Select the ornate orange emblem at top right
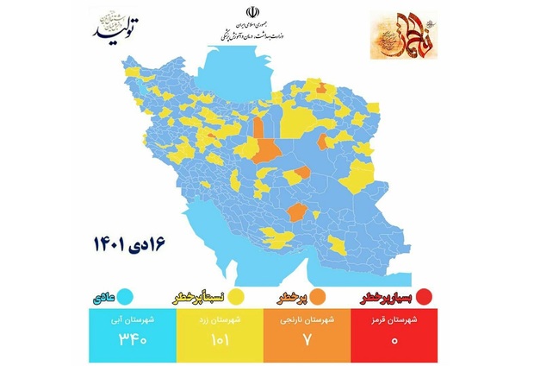coord(401,35)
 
